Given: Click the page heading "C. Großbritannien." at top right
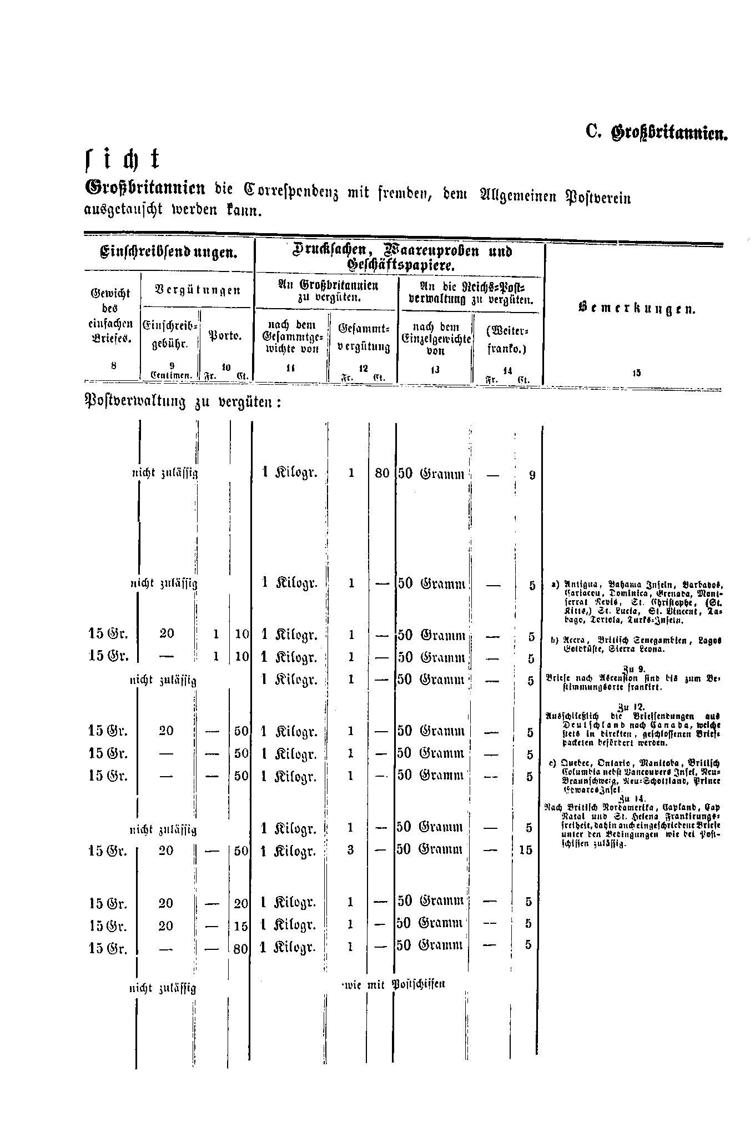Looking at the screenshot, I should [x=656, y=133].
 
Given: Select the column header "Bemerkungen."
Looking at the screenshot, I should [x=637, y=309].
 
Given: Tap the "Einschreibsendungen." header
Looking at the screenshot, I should [x=169, y=253].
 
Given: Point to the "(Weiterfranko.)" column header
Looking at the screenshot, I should [x=507, y=340].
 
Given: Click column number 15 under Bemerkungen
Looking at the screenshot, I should [x=636, y=373].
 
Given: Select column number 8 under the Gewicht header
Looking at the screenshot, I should [x=113, y=365].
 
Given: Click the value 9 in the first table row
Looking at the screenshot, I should [x=532, y=475].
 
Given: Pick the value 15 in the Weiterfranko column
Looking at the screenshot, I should [x=525, y=850].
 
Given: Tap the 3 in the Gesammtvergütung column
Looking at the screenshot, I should [x=350, y=850].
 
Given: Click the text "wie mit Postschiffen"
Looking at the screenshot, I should [x=394, y=984].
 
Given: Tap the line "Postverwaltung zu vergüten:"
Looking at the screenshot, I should [x=183, y=401].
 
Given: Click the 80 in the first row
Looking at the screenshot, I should [x=382, y=475].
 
